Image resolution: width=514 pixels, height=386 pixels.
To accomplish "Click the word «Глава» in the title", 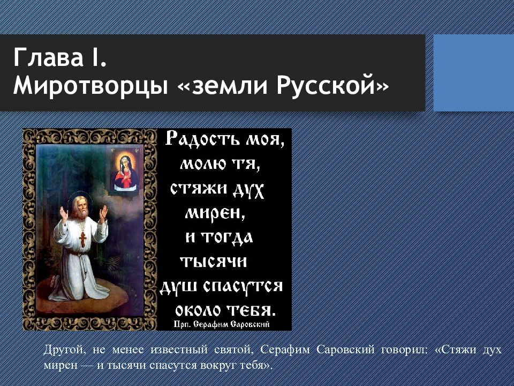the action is [x=49, y=57].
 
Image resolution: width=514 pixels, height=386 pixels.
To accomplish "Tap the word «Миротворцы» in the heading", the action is [x=90, y=86].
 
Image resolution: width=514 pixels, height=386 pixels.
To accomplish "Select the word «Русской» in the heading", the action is [x=326, y=85].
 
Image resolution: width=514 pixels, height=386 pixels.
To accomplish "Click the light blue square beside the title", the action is [x=474, y=72].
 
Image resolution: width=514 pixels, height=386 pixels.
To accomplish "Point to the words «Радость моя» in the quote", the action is [x=225, y=138].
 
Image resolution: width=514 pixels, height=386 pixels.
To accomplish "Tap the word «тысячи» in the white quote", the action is [x=214, y=262].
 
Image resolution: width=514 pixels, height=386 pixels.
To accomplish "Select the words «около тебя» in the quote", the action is [x=225, y=310].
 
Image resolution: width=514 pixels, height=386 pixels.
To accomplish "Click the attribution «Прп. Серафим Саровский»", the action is [x=222, y=325].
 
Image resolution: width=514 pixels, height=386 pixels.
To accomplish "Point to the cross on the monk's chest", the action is [x=82, y=239].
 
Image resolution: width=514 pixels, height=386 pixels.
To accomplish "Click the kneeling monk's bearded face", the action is [x=80, y=206].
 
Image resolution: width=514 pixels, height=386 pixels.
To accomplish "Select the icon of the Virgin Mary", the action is [x=126, y=170].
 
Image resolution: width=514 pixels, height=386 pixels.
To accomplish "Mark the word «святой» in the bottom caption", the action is [x=234, y=350].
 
